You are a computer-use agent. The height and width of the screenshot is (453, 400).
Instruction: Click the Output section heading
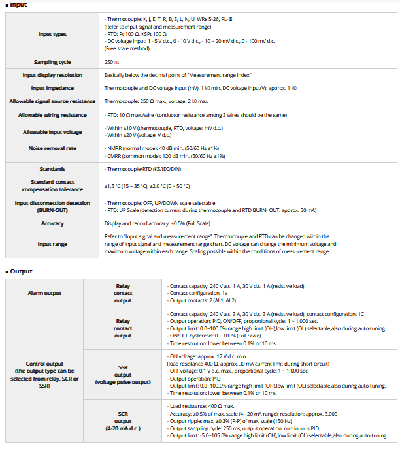(20, 271)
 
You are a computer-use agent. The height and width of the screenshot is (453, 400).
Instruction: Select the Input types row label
(52, 33)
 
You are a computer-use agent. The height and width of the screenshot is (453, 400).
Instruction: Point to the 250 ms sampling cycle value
(112, 62)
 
